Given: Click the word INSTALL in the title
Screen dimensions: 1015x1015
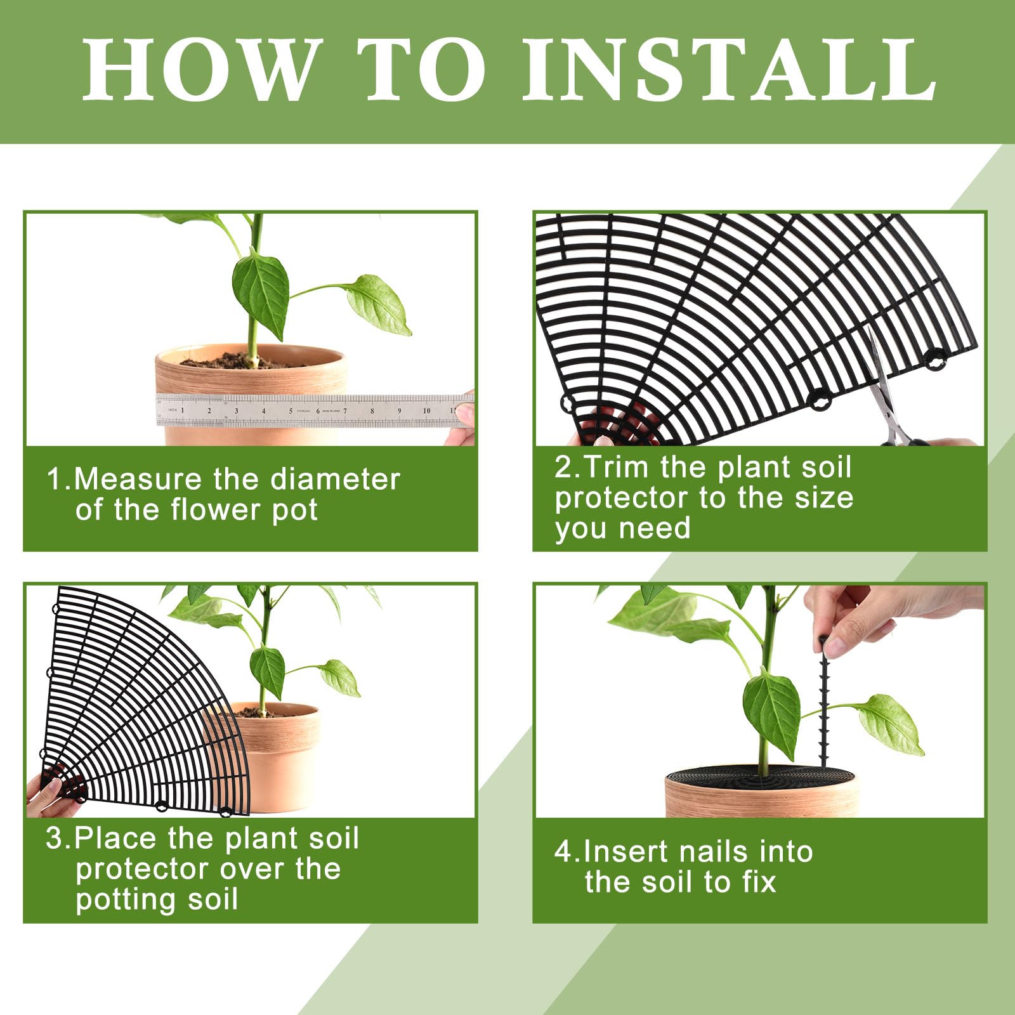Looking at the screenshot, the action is coord(730,69).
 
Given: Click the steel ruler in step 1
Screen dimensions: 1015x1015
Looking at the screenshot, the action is coord(315,410).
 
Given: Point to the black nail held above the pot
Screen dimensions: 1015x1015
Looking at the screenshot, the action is coord(824,701).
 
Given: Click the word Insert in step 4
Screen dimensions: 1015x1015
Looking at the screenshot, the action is coord(625,851).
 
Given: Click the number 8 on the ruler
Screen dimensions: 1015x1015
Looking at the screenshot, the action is coord(372,411).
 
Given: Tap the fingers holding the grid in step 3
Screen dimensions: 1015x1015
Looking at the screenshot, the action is coord(51,793).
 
